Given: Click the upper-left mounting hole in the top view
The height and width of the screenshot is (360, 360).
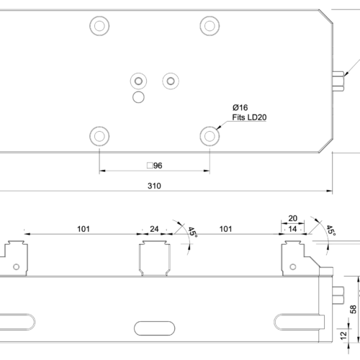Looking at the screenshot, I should [99, 25].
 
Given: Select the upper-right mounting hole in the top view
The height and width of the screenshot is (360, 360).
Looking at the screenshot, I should [210, 25].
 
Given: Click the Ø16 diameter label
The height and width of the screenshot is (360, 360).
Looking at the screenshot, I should [240, 107].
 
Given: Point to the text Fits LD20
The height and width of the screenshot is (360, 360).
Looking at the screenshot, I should [248, 117].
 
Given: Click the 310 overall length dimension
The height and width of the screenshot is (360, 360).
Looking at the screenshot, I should [154, 186].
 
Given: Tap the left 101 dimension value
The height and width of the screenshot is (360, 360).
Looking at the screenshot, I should [83, 229].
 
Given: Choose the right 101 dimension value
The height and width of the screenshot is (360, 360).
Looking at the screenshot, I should [225, 229].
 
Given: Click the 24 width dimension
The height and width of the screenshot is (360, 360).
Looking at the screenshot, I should [154, 229].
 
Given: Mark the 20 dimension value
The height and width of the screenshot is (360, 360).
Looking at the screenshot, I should [293, 218].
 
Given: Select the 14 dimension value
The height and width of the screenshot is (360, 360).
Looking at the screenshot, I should [293, 229].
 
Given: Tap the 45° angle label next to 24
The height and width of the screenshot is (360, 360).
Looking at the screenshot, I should [192, 233].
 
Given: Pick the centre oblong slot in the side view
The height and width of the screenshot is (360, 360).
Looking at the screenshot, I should [154, 328].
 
